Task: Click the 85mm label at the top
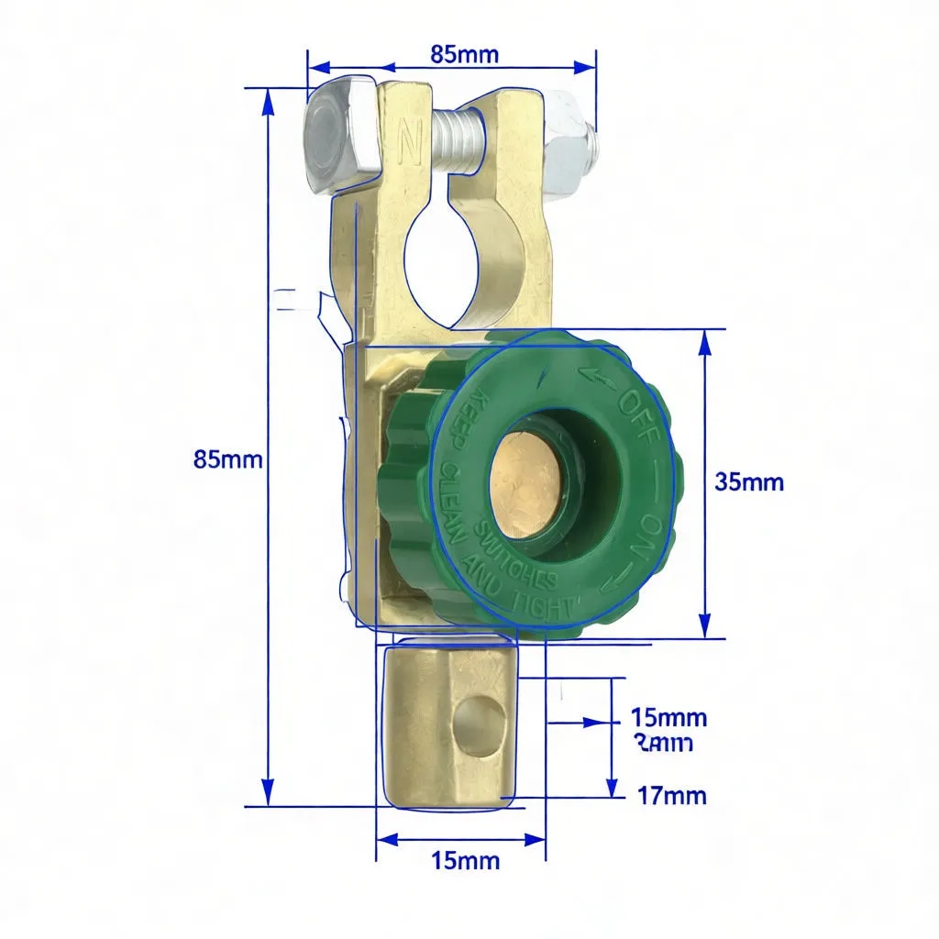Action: coord(464,54)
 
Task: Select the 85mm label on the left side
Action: coord(228,459)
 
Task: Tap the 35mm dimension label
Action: coord(749,481)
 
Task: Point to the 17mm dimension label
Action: coord(671,795)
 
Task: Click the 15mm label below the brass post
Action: coord(465,860)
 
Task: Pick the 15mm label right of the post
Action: coord(669,717)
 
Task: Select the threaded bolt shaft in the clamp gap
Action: coord(456,141)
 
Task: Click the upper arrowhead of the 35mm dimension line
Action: coord(704,341)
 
